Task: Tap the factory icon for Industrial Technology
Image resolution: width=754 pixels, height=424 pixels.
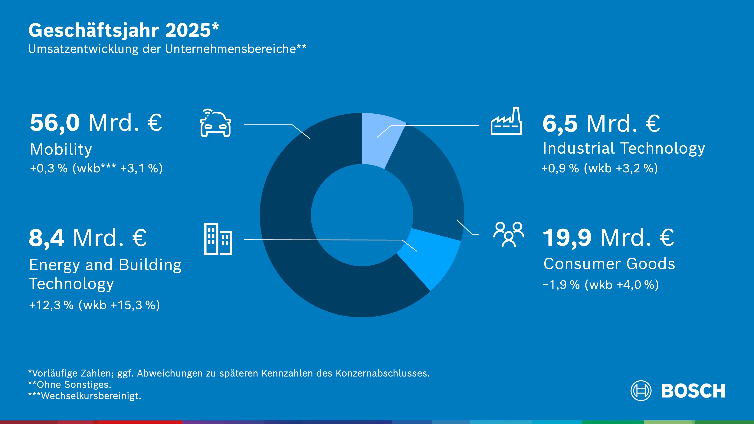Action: coord(506,122)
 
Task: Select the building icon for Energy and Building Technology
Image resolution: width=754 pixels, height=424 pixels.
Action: coord(218,239)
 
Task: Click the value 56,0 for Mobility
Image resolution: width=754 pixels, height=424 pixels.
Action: coord(55,123)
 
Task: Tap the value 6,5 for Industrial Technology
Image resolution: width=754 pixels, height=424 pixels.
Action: coord(560,123)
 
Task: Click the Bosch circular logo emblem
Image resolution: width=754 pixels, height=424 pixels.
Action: coord(641,391)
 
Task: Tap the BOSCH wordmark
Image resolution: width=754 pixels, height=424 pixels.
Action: coord(693,391)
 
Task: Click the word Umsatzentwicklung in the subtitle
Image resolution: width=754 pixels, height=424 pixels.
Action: coord(83,49)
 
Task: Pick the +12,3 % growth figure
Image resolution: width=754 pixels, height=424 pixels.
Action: coord(51,305)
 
